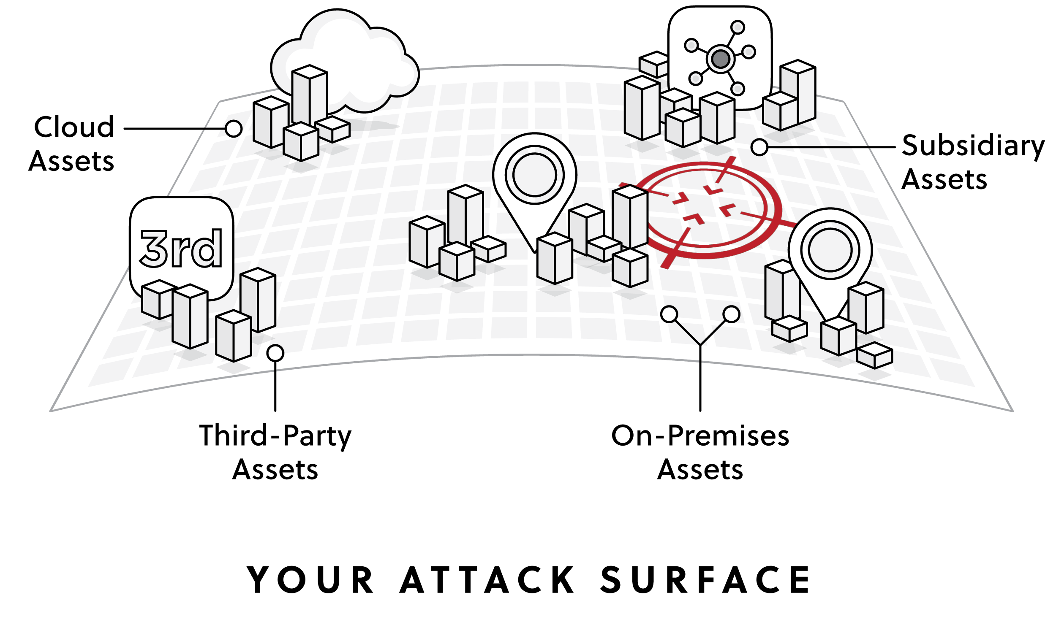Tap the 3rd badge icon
(x=181, y=247)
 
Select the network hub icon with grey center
(x=720, y=58)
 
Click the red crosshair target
(x=708, y=209)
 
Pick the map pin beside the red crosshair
(x=830, y=252)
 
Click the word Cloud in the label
(x=74, y=127)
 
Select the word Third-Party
(x=275, y=436)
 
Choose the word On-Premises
(x=700, y=436)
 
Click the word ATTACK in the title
(x=487, y=580)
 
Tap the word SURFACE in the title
(x=705, y=580)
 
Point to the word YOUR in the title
(x=311, y=580)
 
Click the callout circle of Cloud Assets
(x=234, y=128)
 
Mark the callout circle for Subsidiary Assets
(x=759, y=148)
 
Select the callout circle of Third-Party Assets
(x=275, y=353)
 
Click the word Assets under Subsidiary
(x=944, y=179)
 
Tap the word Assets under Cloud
(x=71, y=161)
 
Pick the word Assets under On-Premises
(x=700, y=470)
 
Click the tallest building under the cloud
(x=310, y=96)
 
